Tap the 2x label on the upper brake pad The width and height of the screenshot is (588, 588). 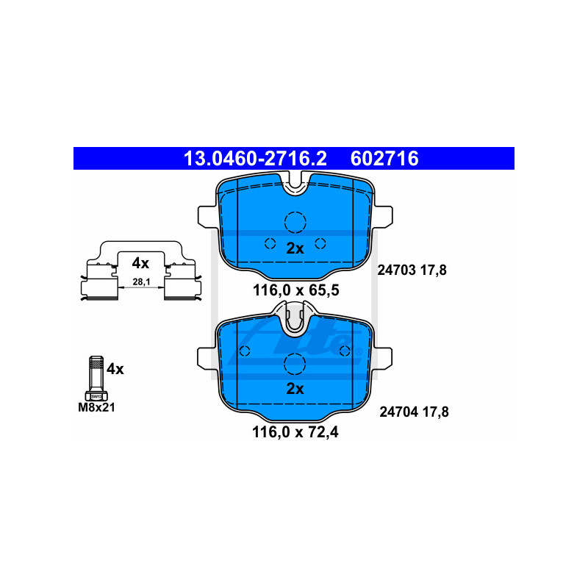pos(295,248)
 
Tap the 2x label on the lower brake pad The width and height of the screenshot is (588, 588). pos(295,389)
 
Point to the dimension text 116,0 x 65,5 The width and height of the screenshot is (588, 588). pos(295,290)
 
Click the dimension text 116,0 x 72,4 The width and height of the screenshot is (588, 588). pos(295,431)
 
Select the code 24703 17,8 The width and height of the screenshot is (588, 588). pos(412,270)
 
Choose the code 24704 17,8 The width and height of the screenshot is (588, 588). pos(413,412)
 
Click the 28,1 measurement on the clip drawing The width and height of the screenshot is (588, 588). pos(140,282)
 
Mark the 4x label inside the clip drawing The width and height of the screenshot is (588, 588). pos(140,263)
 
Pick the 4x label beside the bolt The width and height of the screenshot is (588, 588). pos(115,369)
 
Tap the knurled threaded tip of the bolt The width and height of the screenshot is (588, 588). pos(95,364)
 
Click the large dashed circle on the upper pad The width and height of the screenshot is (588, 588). pos(295,221)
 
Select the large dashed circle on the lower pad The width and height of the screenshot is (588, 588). pos(295,362)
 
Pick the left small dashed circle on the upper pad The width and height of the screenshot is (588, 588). pos(269,244)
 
